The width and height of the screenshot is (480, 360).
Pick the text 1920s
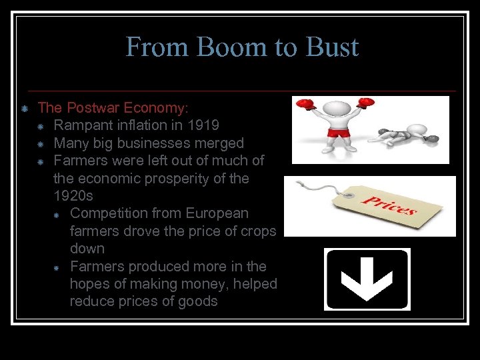point(73,196)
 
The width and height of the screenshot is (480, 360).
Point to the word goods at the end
point(199,301)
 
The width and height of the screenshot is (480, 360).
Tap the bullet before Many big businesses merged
point(41,143)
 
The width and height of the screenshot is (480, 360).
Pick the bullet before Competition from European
point(57,214)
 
